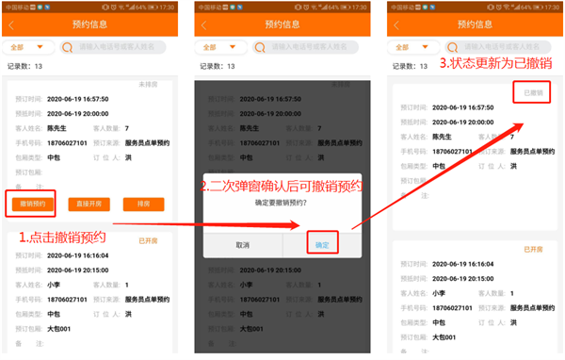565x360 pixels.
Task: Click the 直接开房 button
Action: point(90,204)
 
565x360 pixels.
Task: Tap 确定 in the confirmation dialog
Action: point(322,244)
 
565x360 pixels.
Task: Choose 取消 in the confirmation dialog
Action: point(242,244)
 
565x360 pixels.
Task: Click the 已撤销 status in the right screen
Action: point(532,91)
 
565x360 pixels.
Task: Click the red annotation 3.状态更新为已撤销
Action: point(496,64)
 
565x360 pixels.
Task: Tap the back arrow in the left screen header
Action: point(13,23)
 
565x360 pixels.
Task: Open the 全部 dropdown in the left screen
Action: point(26,46)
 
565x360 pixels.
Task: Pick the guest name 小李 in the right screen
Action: point(441,292)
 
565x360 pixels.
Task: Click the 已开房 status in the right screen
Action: point(534,249)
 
